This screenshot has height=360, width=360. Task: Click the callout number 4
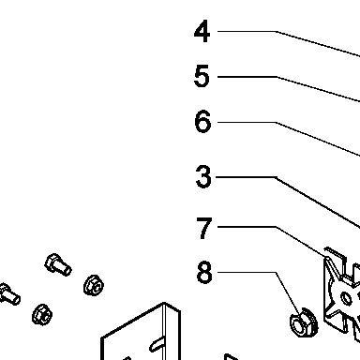(202, 31)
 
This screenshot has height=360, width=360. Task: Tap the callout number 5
(202, 76)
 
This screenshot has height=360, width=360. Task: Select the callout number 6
(202, 121)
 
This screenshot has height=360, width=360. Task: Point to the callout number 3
(203, 176)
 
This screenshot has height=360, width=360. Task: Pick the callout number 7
(204, 228)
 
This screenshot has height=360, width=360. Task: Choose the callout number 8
(204, 273)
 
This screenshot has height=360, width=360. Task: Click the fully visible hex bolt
(58, 265)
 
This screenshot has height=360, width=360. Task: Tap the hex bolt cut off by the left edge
(9, 294)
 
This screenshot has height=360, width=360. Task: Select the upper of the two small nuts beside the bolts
(94, 285)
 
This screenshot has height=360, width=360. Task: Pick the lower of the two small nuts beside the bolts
(42, 314)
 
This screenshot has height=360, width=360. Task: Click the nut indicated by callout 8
(304, 322)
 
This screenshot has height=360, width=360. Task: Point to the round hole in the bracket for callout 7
(346, 298)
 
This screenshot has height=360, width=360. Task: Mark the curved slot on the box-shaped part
(156, 344)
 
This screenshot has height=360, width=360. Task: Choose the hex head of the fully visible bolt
(52, 262)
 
